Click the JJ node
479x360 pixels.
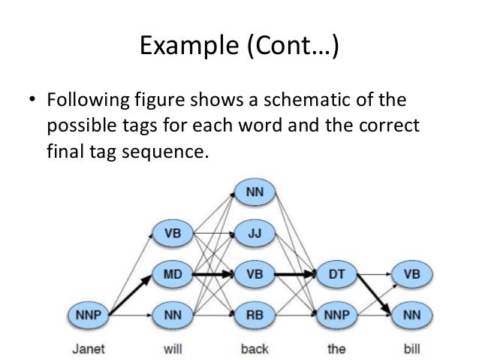(255, 233)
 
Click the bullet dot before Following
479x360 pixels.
(32, 101)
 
